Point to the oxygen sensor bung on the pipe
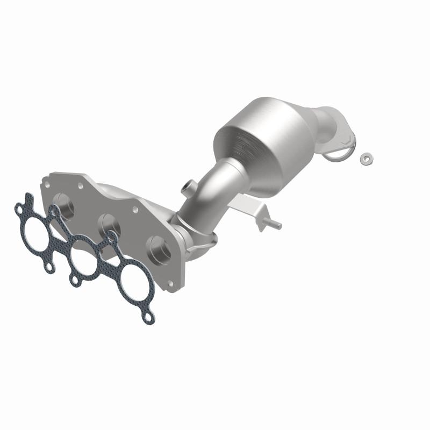tap(187, 187)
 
